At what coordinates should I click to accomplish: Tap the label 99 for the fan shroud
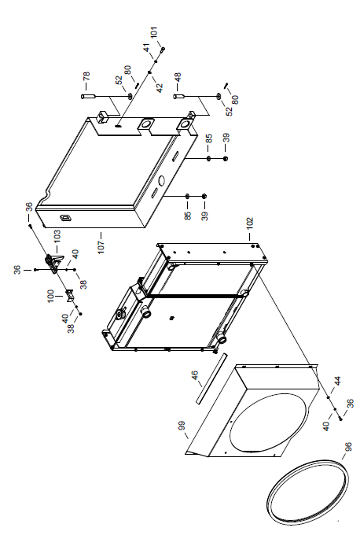coord(182,426)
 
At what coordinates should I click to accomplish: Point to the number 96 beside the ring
coord(347,446)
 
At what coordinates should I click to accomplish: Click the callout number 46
coord(195,375)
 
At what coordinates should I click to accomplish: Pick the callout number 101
coord(154,32)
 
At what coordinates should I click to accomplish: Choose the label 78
coord(86,76)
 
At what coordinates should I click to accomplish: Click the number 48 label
coord(178,77)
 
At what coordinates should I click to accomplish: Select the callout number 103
coord(57,236)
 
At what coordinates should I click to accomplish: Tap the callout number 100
coord(51,297)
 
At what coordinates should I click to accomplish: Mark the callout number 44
coord(337,381)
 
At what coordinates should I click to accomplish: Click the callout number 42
coord(160,88)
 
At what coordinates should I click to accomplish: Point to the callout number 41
coord(146,48)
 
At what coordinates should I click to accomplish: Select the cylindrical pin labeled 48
coord(178,96)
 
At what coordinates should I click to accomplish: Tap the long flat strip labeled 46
coord(211,378)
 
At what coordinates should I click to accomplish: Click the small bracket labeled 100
coord(70,296)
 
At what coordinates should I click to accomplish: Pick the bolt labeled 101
coord(163,50)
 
